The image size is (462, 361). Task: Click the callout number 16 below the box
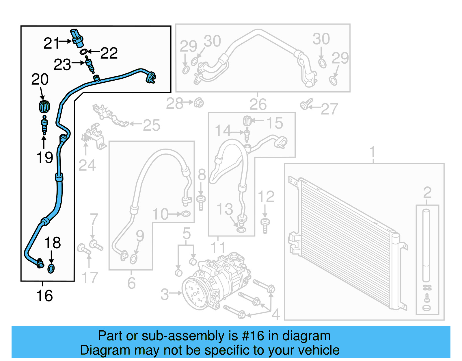coord(44,296)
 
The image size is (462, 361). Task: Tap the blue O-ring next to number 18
coord(51,269)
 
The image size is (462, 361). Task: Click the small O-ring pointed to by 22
coord(83,52)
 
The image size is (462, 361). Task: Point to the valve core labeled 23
coord(90,65)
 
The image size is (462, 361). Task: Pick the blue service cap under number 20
coord(44,106)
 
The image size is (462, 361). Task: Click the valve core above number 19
coord(44,125)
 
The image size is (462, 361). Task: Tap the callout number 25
coord(151,125)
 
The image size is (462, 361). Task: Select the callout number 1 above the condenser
coord(372,151)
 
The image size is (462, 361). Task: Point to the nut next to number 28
coord(199,103)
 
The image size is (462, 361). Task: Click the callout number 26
coord(258,104)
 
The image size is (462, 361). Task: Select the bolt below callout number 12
coord(265,225)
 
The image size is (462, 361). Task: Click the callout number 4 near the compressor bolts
coord(276,314)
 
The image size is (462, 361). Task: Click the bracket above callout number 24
coord(94,137)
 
